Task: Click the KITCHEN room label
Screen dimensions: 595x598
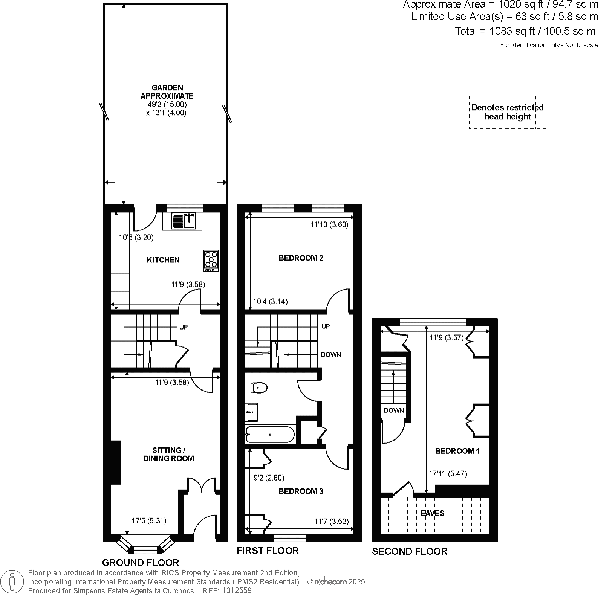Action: click(x=163, y=260)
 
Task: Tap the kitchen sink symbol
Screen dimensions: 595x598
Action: click(x=184, y=221)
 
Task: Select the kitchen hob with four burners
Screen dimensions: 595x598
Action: click(x=211, y=261)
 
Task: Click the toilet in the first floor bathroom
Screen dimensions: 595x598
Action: click(x=260, y=387)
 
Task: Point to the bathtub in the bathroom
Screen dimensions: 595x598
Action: click(x=270, y=435)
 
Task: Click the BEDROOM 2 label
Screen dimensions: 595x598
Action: click(x=301, y=258)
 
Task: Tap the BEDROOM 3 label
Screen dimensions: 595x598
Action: click(x=301, y=491)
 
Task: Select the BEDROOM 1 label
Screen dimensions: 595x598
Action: click(x=457, y=451)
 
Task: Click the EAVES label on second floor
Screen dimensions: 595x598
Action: click(x=432, y=513)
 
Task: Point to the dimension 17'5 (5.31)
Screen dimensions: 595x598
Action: click(x=149, y=521)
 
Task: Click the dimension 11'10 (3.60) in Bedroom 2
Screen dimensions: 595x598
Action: click(x=329, y=225)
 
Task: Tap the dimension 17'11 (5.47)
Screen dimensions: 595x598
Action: click(x=448, y=474)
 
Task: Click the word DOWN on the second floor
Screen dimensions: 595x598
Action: click(x=394, y=410)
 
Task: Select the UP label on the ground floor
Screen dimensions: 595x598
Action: click(x=183, y=327)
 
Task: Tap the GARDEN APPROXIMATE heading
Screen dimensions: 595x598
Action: click(x=167, y=92)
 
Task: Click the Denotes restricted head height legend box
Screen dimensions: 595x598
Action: click(x=507, y=112)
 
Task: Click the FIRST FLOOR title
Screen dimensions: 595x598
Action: click(x=268, y=551)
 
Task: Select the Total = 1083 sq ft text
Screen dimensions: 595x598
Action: click(x=525, y=31)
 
